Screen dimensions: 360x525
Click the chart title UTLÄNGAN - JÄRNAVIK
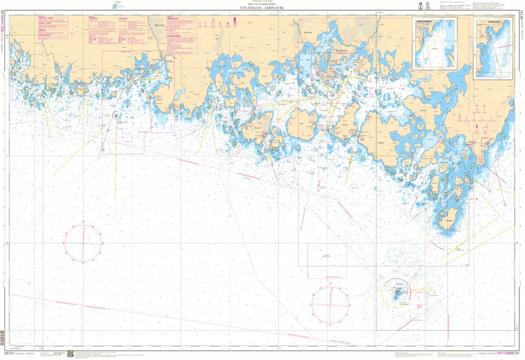262,9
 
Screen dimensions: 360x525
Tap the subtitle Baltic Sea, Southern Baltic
262,5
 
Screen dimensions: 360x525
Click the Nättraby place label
308,32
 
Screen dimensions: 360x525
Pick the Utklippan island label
401,283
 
